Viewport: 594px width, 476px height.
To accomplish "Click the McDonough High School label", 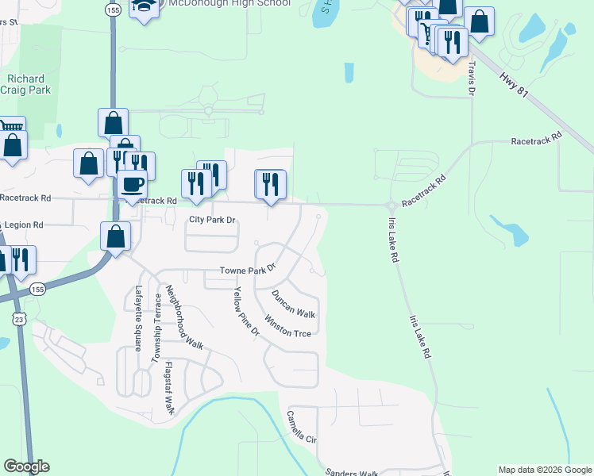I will pos(227,4).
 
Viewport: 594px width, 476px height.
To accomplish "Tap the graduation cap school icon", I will pos(144,7).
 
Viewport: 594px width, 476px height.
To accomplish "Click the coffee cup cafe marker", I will pos(132,185).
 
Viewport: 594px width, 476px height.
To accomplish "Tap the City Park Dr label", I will pos(212,220).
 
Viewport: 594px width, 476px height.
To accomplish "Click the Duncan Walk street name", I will pos(294,304).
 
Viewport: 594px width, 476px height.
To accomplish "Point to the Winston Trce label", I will pos(288,328).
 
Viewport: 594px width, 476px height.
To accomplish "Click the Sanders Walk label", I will pos(353,473).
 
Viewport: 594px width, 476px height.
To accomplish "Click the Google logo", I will pos(26,466).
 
